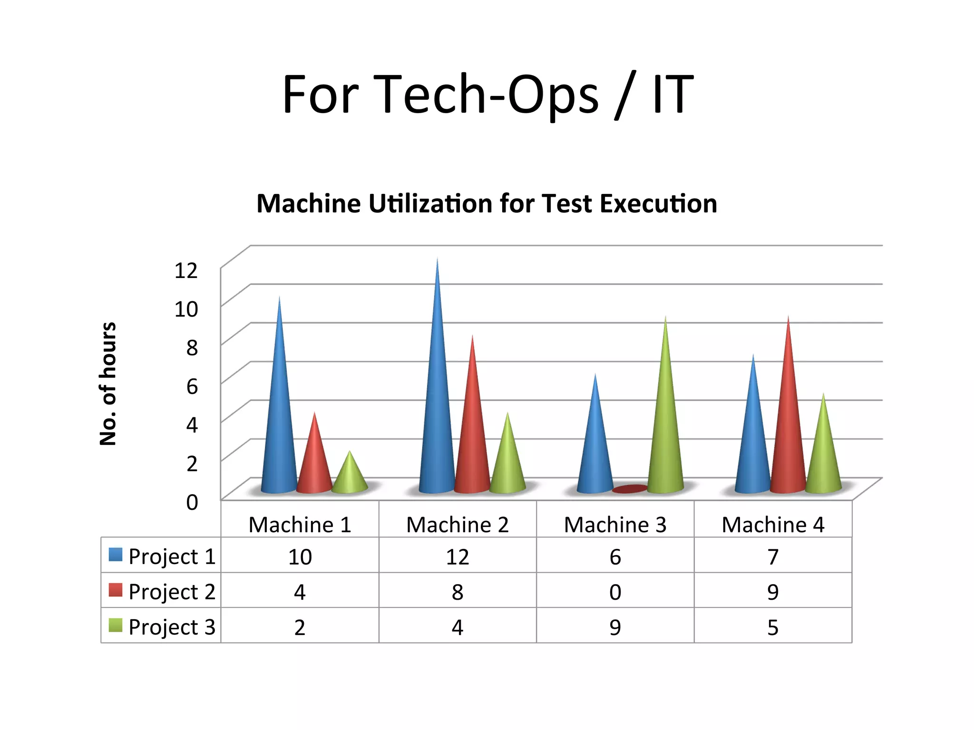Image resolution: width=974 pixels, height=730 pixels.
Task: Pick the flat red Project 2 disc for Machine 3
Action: click(x=630, y=489)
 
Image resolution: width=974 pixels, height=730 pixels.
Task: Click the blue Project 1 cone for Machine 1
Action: click(x=279, y=428)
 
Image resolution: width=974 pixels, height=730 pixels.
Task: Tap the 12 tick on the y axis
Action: click(x=186, y=270)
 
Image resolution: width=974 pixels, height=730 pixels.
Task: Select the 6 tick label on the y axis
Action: click(x=192, y=386)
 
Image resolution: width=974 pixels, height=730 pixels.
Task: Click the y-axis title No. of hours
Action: click(x=108, y=384)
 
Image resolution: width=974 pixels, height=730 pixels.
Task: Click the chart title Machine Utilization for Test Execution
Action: click(x=487, y=203)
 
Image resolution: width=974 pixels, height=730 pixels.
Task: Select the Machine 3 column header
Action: click(x=615, y=525)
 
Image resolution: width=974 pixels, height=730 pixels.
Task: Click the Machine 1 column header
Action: click(x=300, y=525)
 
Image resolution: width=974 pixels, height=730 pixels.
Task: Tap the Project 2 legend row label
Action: click(x=172, y=592)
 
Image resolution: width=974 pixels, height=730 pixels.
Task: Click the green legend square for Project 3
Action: click(x=116, y=625)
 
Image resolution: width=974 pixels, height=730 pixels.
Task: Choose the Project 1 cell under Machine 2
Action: click(x=457, y=557)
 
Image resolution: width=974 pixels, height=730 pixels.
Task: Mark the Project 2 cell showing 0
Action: click(x=615, y=592)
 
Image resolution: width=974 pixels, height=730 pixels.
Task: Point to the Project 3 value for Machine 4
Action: click(x=773, y=627)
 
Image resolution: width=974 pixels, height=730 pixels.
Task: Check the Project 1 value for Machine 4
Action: click(x=773, y=557)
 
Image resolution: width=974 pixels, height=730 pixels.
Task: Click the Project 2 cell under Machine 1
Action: click(x=300, y=592)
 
